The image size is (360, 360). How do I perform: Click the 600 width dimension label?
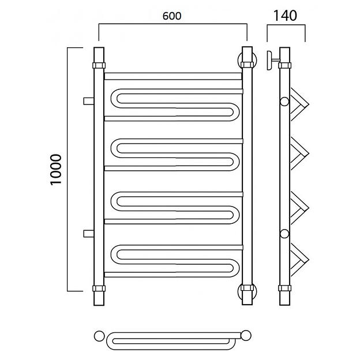(172, 16)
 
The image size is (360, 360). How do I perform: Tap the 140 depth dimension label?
(285, 16)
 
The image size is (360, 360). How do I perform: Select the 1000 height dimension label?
(57, 170)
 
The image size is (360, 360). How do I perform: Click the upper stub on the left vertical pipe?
(89, 101)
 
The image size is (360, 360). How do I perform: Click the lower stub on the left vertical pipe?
(89, 234)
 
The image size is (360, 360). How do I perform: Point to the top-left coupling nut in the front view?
(99, 65)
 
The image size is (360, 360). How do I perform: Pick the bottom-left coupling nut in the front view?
(99, 288)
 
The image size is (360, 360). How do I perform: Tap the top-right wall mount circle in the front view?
(239, 60)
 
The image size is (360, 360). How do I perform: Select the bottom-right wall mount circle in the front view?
(239, 291)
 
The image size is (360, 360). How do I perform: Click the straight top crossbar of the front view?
(173, 77)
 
